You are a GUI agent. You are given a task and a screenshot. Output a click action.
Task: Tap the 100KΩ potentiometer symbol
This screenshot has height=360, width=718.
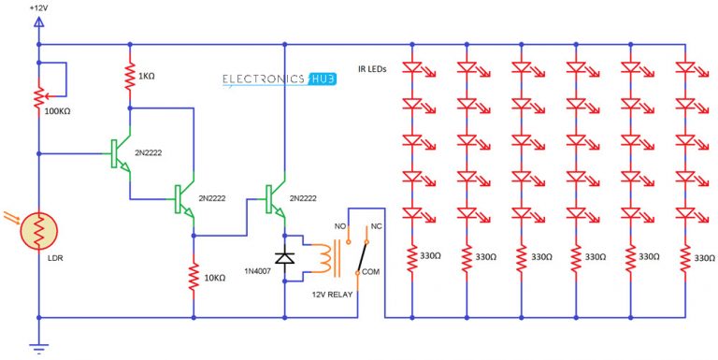point(38,97)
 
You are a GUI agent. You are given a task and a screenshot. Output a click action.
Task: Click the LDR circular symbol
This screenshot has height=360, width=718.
point(39,226)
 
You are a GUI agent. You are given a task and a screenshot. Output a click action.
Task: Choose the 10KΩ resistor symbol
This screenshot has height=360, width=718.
point(193,278)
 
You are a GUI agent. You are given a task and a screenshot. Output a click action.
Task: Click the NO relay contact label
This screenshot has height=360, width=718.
point(340,225)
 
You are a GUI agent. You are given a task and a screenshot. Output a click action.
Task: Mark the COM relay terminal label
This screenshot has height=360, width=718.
point(372,272)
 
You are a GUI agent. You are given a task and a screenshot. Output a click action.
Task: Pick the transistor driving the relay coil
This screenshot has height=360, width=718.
point(273,198)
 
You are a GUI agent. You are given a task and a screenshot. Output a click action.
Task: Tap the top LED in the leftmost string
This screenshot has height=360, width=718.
point(413,68)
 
